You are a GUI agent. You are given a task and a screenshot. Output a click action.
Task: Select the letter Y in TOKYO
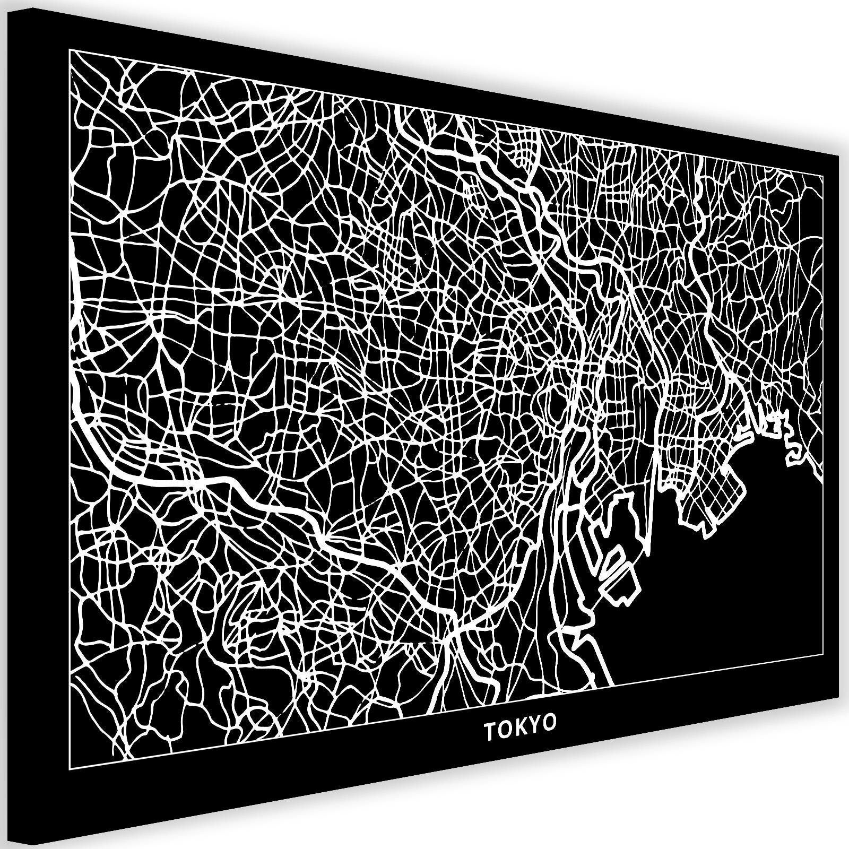click(536, 725)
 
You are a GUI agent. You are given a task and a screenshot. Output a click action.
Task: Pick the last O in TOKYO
click(551, 723)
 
